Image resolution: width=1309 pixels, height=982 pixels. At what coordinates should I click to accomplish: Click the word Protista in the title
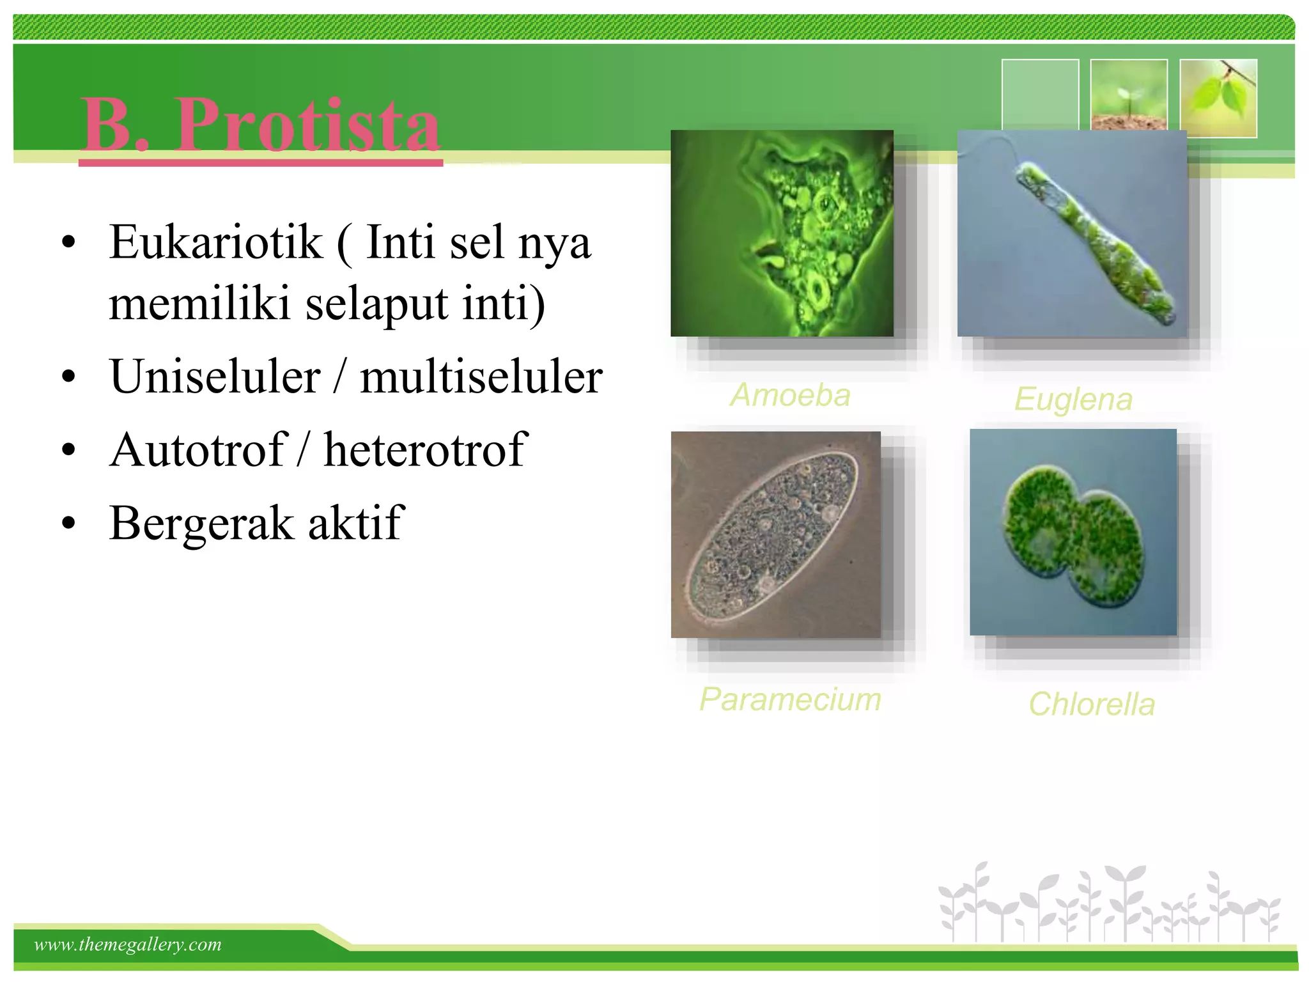pyautogui.click(x=307, y=125)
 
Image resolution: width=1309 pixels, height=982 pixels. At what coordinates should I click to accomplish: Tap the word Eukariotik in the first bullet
pyautogui.click(x=215, y=243)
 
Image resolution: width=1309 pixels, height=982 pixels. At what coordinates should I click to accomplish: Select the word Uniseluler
pyautogui.click(x=215, y=377)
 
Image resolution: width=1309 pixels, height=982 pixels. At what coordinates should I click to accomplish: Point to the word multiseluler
pyautogui.click(x=481, y=377)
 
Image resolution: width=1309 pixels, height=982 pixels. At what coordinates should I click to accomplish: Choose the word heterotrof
pyautogui.click(x=425, y=450)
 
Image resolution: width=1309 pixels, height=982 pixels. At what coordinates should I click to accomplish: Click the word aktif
pyautogui.click(x=355, y=523)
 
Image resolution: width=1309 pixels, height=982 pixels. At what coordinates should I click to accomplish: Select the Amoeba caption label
pyautogui.click(x=790, y=395)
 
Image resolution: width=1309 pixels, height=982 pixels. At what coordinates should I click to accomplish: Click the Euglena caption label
pyautogui.click(x=1073, y=400)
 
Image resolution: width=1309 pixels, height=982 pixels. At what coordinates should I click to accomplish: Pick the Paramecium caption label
pyautogui.click(x=790, y=699)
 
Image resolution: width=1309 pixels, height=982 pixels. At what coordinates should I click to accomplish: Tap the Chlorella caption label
pyautogui.click(x=1091, y=705)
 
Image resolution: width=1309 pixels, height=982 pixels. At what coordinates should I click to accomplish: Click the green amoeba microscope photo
pyautogui.click(x=781, y=233)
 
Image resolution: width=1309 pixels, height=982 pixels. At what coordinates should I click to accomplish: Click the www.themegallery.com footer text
pyautogui.click(x=128, y=944)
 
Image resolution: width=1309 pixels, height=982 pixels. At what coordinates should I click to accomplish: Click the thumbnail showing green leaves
pyautogui.click(x=1218, y=97)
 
